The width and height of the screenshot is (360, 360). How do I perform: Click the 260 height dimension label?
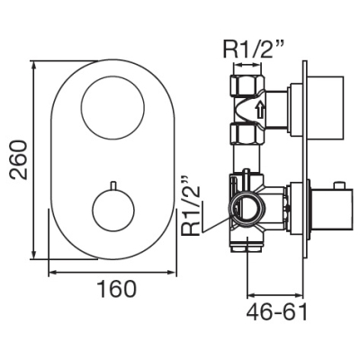pos(18,159)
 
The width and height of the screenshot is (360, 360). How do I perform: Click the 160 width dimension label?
pos(117,289)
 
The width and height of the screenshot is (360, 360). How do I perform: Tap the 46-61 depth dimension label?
pos(277,311)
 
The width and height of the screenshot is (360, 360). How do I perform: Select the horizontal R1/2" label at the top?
pos(254,49)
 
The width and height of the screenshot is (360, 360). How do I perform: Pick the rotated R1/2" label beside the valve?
pos(190,206)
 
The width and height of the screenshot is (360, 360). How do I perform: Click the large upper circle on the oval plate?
pos(113,77)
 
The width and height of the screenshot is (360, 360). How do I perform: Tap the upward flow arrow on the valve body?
pos(260,110)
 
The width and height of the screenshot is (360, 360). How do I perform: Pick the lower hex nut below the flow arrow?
pos(247,134)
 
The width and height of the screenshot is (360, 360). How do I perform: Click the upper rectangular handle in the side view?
pos(324,106)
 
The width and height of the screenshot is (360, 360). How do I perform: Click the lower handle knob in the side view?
pos(328,210)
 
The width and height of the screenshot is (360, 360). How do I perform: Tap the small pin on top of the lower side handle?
pos(338,184)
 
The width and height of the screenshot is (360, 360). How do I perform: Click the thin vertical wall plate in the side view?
pos(304,159)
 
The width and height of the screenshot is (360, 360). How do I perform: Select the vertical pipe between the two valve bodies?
pos(247,159)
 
